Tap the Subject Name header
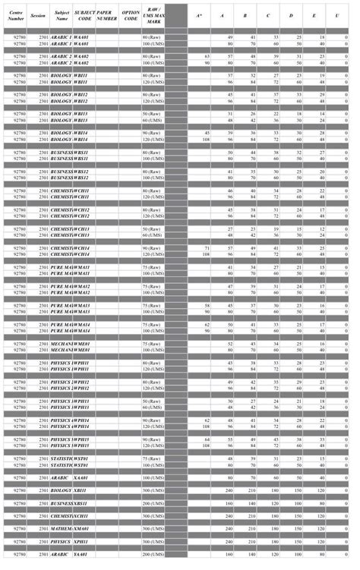62,15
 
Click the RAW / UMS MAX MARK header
156,15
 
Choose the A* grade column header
199,15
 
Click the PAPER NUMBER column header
108,15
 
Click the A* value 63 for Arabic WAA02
207,56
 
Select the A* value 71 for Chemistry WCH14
207,248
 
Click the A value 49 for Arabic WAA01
230,36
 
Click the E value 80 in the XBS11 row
322,503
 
